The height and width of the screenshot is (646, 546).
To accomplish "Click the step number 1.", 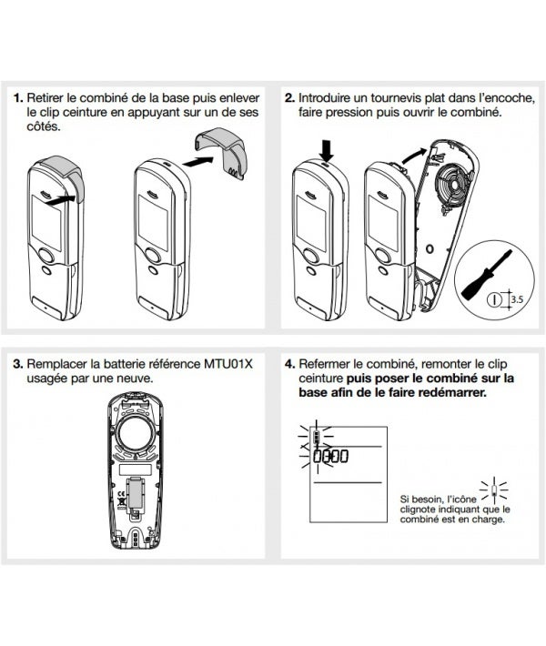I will [17, 96].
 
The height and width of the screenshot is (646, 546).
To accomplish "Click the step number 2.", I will [289, 96].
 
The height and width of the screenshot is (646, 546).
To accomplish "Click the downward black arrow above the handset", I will [328, 148].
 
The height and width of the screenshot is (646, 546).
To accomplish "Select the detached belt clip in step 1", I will [222, 151].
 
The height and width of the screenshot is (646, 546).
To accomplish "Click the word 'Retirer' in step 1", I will [45, 96].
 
